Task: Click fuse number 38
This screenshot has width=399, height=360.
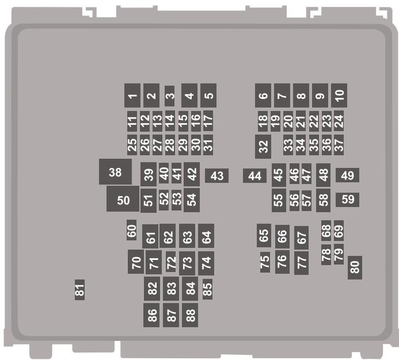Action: (x=115, y=172)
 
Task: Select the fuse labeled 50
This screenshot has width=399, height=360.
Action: (x=123, y=199)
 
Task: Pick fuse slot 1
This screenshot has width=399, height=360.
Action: (x=132, y=95)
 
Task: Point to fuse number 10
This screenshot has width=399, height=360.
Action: (x=340, y=95)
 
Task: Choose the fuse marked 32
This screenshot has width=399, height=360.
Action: (x=263, y=147)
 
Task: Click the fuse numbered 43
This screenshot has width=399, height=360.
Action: (x=216, y=176)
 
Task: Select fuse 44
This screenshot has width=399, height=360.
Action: (x=254, y=176)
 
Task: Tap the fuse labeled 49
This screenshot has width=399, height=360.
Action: (x=347, y=175)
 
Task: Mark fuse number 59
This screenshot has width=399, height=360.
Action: (x=348, y=200)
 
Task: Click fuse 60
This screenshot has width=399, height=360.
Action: (x=132, y=231)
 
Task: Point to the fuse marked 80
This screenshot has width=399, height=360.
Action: (x=355, y=267)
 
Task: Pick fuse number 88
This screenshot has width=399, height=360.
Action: (x=190, y=315)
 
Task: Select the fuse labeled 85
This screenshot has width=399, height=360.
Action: (x=207, y=289)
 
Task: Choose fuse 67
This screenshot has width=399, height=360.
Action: (x=301, y=237)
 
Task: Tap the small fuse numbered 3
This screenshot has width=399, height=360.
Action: (x=169, y=96)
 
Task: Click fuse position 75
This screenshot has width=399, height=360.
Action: (x=265, y=262)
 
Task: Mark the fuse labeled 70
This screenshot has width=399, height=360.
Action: (x=136, y=262)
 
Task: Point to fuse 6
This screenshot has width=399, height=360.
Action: (x=263, y=95)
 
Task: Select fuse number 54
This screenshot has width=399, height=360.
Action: (x=192, y=200)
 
